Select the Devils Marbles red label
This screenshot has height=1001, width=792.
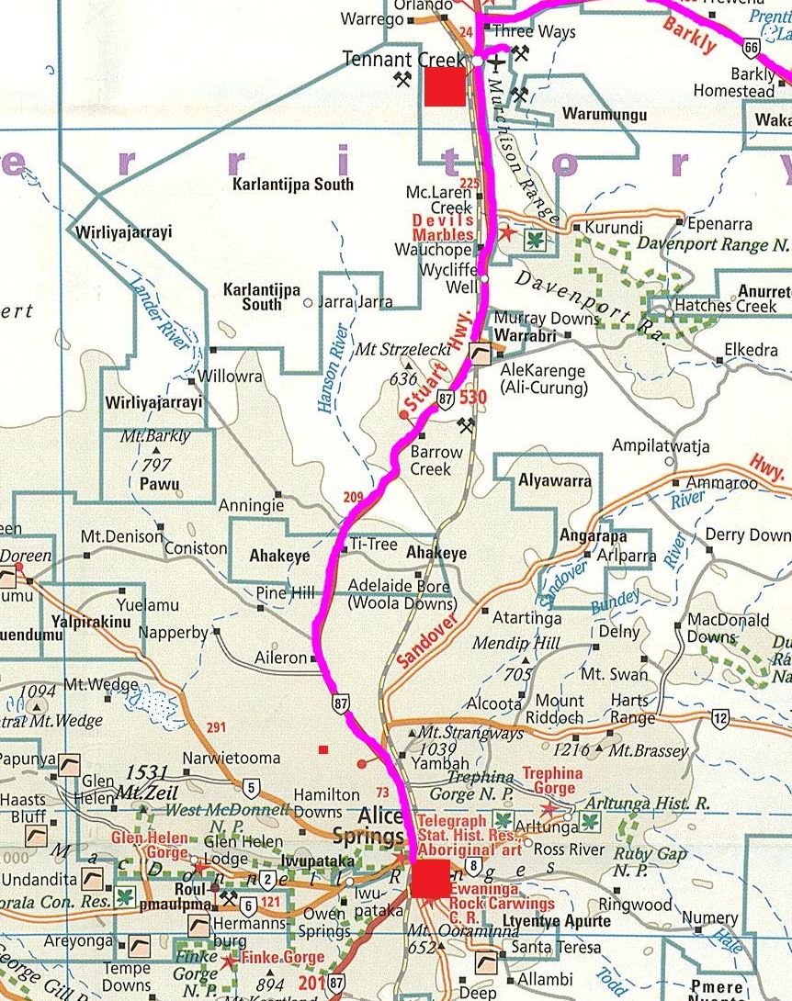(443, 228)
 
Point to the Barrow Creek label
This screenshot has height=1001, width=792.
(436, 460)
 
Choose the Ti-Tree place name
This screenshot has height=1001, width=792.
(373, 545)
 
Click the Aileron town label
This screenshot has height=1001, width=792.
(280, 658)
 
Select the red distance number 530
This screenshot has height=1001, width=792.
(472, 397)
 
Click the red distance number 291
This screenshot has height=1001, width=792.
(216, 728)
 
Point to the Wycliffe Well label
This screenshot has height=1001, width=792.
(449, 279)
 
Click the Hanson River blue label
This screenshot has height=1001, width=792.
(332, 366)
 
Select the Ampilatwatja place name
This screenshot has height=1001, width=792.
(661, 446)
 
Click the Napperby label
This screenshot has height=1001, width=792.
(173, 633)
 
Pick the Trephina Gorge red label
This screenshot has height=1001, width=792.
(552, 781)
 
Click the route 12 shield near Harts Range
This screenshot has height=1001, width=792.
(719, 716)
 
